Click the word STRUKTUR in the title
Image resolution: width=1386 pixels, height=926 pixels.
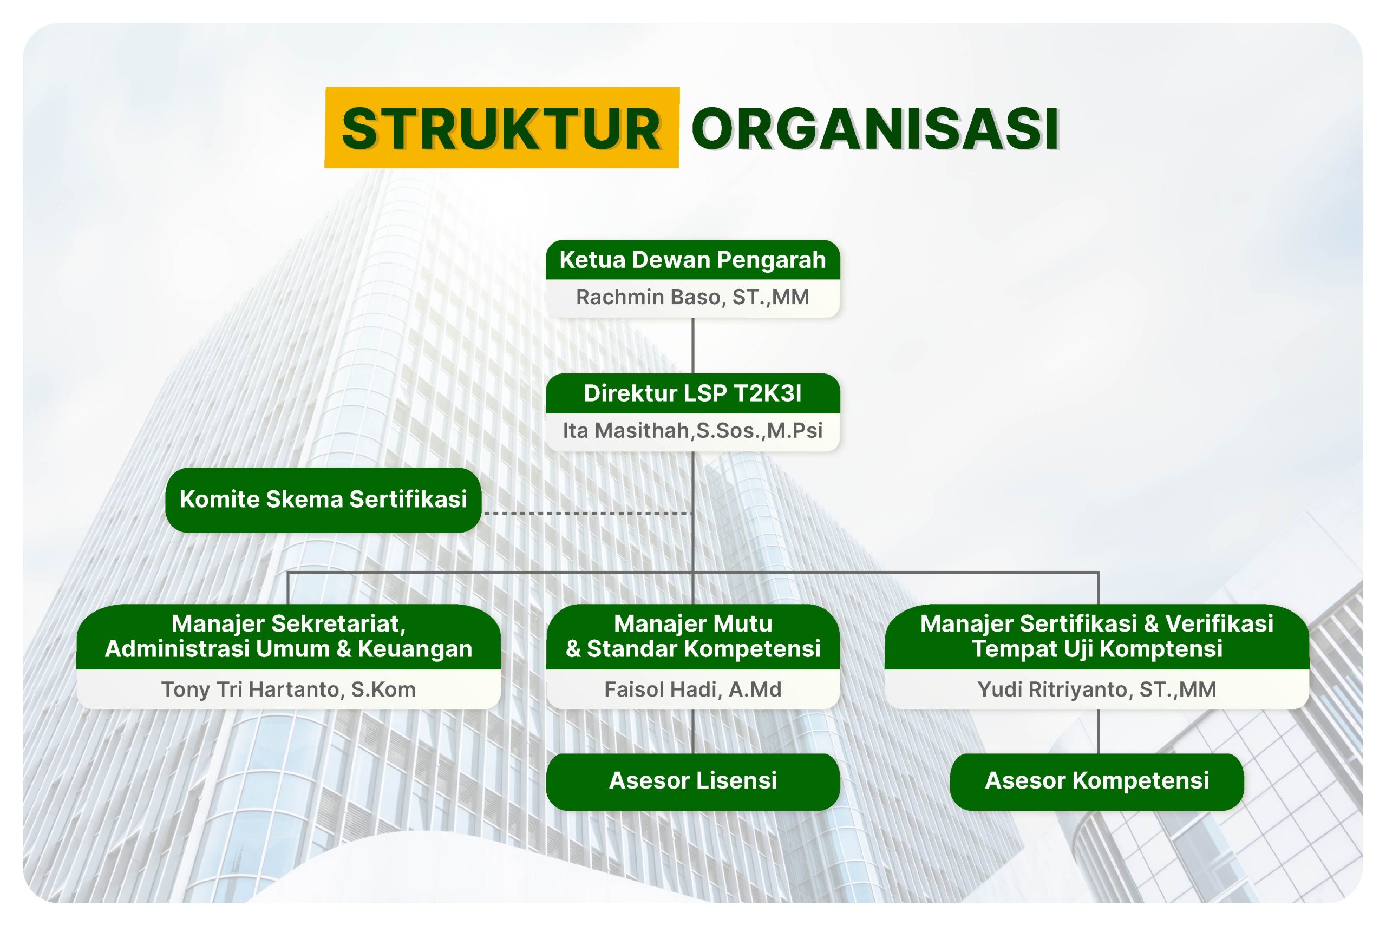click(x=501, y=129)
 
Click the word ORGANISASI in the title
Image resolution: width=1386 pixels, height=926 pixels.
click(x=875, y=129)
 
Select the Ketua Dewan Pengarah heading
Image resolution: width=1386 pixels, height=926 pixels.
click(x=692, y=260)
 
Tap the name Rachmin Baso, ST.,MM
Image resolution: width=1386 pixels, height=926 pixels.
click(x=692, y=297)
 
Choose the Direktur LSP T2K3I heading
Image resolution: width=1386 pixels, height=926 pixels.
click(x=692, y=393)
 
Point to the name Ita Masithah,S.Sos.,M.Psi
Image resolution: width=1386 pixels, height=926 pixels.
click(x=692, y=430)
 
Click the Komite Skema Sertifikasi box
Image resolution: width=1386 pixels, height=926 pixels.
click(x=323, y=500)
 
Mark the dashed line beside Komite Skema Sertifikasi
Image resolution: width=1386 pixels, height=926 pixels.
click(x=587, y=513)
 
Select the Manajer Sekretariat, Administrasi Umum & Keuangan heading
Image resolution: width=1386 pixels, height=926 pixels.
click(x=289, y=636)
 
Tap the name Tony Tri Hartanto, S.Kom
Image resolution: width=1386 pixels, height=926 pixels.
click(x=289, y=689)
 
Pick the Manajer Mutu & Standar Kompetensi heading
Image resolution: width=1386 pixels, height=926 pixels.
click(x=692, y=636)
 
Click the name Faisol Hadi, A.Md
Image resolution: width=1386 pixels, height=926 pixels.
click(x=692, y=689)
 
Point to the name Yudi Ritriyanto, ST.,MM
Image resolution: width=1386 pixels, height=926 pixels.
click(x=1096, y=689)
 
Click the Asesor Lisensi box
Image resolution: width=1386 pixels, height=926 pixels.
click(x=692, y=781)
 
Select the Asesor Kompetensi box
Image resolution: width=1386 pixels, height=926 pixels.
click(x=1096, y=781)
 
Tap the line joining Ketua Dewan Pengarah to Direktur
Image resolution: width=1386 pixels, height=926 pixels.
click(x=692, y=345)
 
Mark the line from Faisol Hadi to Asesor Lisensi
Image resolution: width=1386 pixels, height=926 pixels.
click(x=692, y=731)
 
